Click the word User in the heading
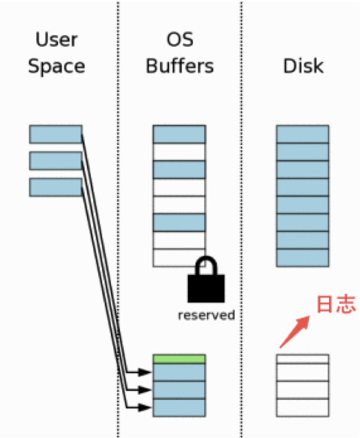56,39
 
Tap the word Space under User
56,67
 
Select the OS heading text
180,39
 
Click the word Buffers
180,66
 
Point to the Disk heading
303,66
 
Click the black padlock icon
206,279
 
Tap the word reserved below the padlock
207,315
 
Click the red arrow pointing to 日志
295,331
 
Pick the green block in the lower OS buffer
179,359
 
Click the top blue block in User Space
56,134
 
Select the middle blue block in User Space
56,161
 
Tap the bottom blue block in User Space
56,187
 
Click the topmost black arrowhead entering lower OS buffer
145,372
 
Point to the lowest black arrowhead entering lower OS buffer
145,408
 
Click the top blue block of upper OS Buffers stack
179,134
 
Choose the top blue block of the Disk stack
302,134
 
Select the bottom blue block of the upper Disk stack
302,258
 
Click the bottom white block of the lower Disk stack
302,408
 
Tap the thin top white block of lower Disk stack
302,359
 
